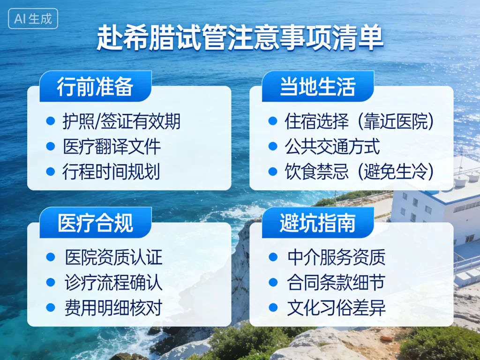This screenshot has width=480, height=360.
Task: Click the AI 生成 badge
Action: coord(33,19)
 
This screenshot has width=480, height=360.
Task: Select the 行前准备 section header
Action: coord(95,87)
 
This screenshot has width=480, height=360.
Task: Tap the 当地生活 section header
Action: coord(317,87)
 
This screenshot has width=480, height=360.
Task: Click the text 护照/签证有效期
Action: coord(121,122)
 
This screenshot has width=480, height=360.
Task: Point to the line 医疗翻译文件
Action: coord(112,147)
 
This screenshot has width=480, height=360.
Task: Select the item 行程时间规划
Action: coord(112,172)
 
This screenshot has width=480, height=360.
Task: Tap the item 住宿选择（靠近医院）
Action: coord(360,122)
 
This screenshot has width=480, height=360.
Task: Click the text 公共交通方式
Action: coord(332,147)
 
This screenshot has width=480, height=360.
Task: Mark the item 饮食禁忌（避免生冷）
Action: coord(360,172)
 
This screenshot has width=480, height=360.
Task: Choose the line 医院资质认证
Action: coord(113,257)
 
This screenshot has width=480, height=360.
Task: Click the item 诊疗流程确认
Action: coord(113,283)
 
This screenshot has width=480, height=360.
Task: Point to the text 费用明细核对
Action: coord(113,308)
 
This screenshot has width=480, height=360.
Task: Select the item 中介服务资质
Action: coord(336,257)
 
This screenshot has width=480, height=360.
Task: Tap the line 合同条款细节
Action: coord(336,283)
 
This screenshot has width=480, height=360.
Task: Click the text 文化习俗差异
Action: coord(336,308)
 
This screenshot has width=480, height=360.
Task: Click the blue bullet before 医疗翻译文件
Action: coord(51,147)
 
